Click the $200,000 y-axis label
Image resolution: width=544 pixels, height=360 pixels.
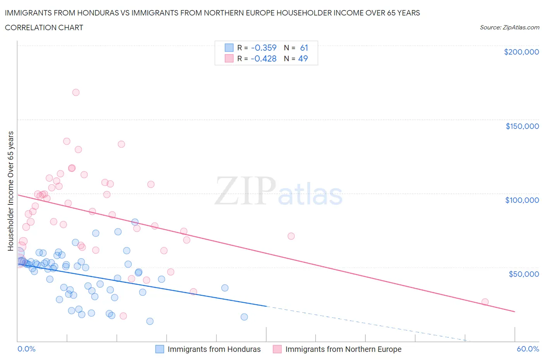521,52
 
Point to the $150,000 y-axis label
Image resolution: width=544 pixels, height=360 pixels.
522,126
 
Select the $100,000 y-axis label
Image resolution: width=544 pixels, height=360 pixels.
522,200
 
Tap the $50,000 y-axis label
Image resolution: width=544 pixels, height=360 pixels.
523,274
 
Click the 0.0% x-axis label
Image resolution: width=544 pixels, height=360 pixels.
26,349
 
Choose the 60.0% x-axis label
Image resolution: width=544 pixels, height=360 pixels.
528,349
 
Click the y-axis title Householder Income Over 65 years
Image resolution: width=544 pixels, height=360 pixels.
11,191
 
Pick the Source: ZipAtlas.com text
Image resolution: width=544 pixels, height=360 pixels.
509,27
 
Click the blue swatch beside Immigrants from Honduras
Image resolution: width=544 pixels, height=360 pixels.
160,349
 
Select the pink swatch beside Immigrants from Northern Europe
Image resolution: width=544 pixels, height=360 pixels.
277,349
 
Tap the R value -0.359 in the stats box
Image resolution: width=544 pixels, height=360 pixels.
263,48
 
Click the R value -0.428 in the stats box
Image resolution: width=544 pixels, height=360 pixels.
263,59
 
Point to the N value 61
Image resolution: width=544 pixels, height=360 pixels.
304,48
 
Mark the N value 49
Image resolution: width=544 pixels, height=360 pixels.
303,59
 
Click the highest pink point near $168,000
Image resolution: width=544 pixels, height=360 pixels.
76,93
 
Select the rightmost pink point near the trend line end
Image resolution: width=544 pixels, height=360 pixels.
485,302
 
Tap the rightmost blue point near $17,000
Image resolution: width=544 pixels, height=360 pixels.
244,317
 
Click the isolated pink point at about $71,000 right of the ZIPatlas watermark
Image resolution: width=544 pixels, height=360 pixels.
291,236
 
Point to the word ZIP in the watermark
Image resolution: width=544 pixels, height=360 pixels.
245,191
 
